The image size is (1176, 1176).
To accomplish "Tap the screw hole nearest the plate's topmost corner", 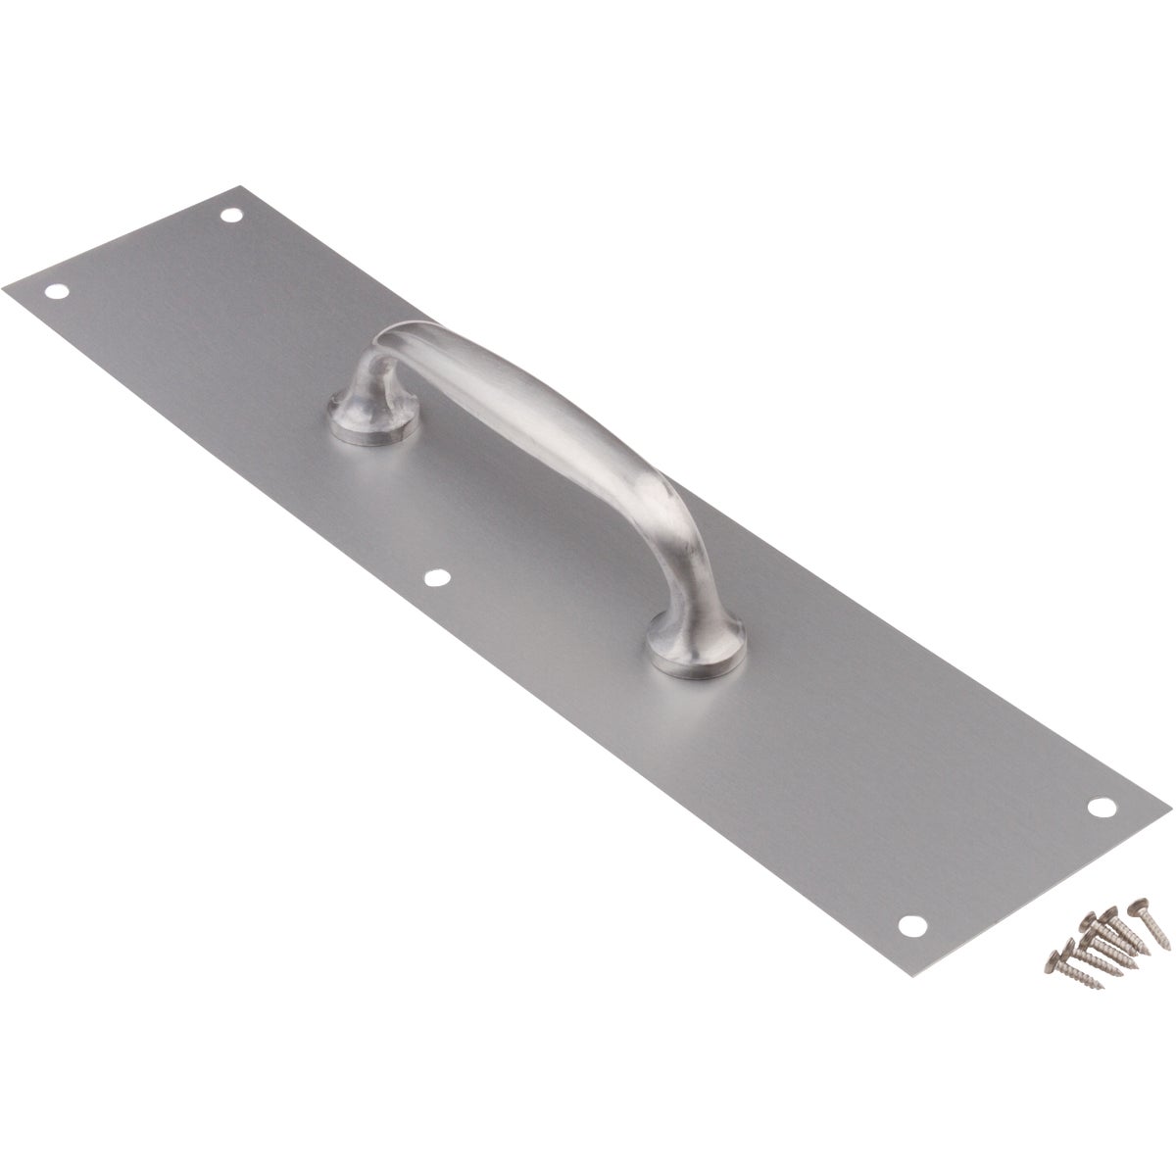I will click(x=232, y=186).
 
